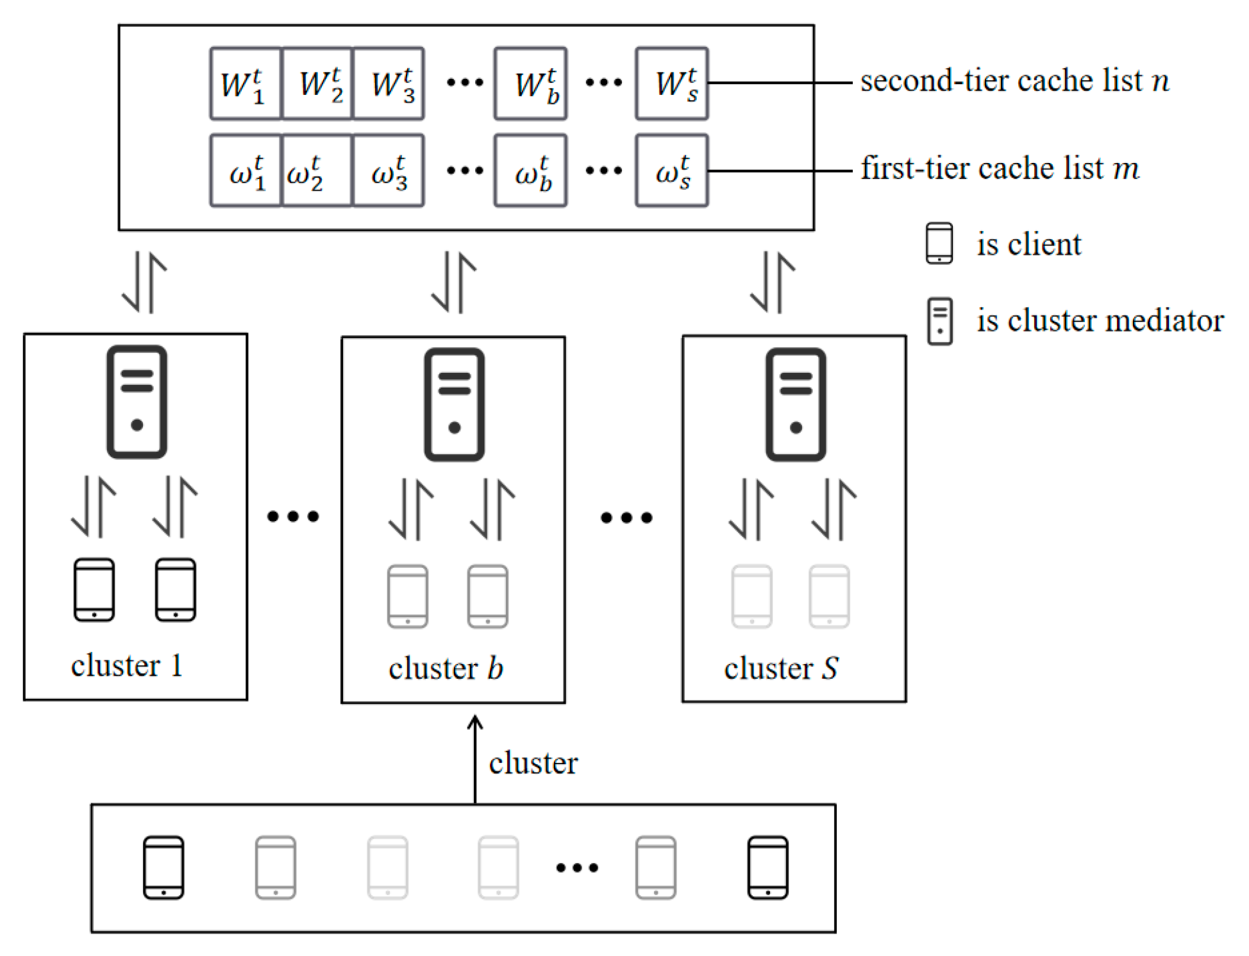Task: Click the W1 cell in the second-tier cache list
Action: (246, 83)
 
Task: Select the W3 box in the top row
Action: (389, 83)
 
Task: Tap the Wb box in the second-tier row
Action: (530, 83)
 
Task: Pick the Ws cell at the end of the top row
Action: (672, 83)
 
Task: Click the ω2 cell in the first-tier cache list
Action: (317, 171)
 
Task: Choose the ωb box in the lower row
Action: (530, 171)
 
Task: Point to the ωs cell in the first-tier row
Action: (672, 171)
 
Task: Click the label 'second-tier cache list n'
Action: (1014, 81)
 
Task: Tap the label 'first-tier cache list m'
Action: (1000, 168)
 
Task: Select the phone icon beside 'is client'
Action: (939, 243)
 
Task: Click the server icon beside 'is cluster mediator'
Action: (939, 321)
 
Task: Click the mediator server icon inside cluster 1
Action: (137, 402)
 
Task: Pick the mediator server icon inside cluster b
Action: (454, 404)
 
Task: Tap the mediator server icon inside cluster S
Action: (796, 404)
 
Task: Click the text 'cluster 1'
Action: (126, 665)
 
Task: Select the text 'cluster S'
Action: (781, 669)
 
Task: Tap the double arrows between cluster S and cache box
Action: (772, 282)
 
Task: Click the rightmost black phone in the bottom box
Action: (767, 867)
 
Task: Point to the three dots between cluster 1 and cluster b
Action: (293, 516)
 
